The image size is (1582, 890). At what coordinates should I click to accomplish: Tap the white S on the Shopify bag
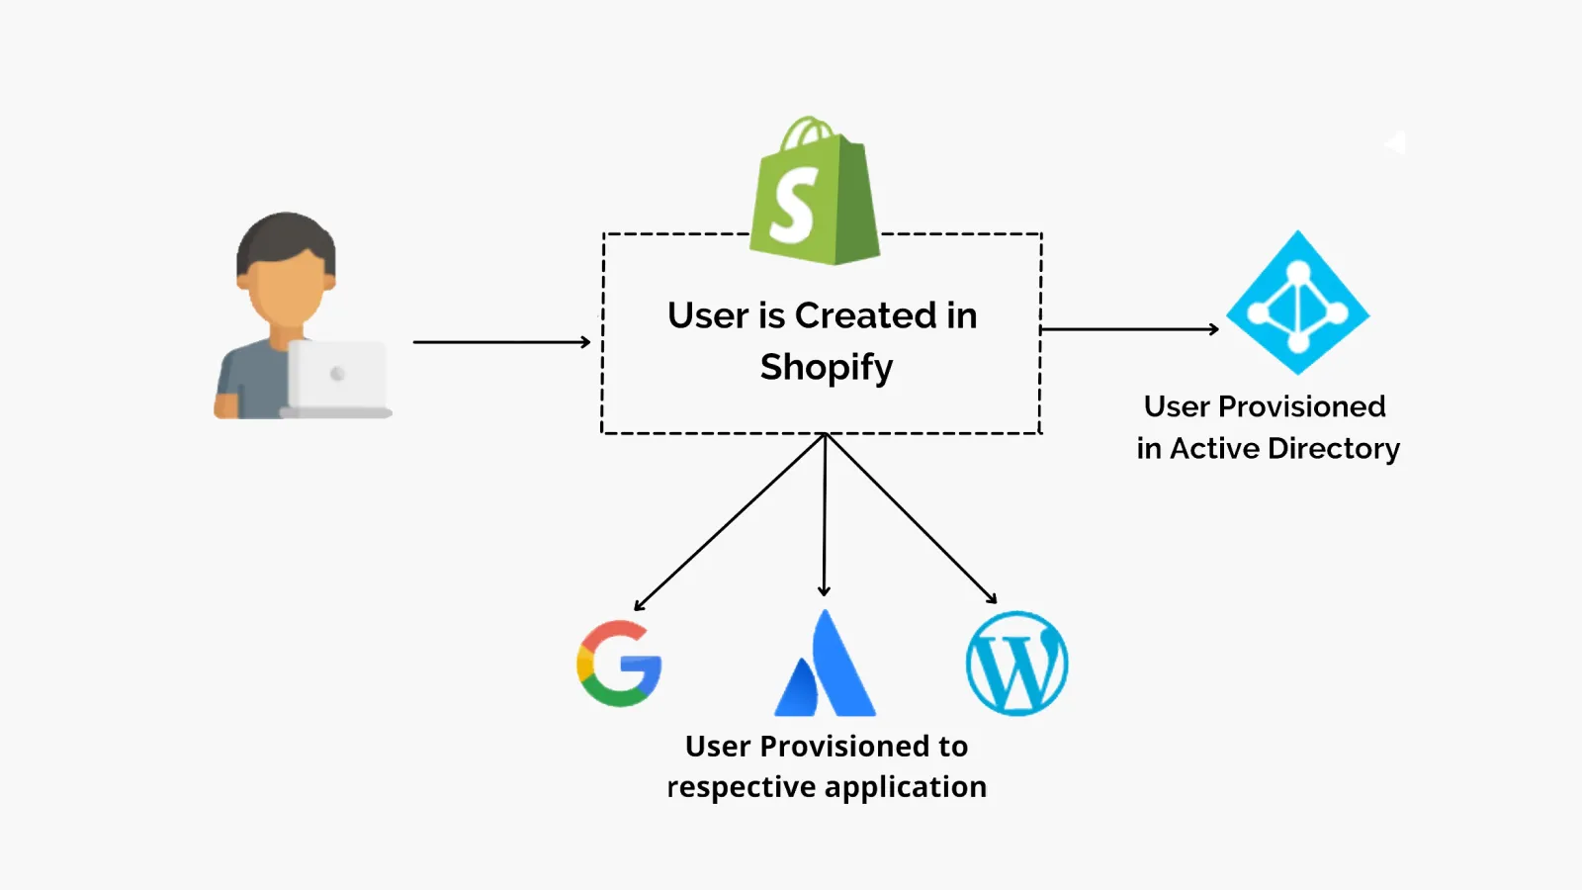coord(794,206)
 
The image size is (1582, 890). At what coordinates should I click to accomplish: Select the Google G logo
coord(619,664)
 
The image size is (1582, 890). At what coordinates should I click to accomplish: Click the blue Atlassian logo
coord(826,667)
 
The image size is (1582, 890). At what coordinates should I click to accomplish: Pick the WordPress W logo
coord(1016,664)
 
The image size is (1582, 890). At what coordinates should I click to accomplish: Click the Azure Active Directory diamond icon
coord(1297,304)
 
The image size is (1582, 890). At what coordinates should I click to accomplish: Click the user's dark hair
coord(285,237)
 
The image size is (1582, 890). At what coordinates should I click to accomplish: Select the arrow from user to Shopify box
coord(500,342)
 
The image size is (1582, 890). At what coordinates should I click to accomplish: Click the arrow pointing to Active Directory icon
coord(1129,329)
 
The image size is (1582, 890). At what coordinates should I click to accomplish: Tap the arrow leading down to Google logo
coord(730,522)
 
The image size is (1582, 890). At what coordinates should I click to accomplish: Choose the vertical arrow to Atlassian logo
coord(825,514)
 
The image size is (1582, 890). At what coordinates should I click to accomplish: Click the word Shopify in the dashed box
coord(827,368)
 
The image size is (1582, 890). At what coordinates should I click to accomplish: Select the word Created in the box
coord(865,316)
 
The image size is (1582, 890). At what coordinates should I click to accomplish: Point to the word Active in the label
coord(1214,449)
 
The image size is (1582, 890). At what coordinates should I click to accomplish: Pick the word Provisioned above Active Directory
coord(1301,406)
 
